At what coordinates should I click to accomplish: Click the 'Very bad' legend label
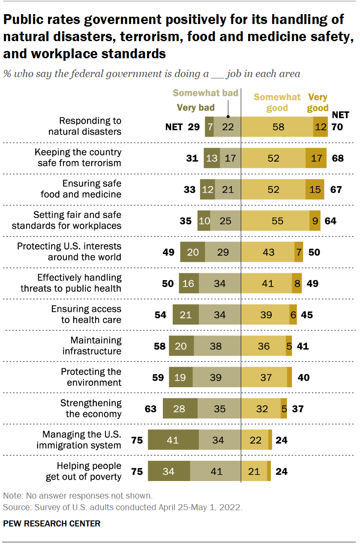pos(195,108)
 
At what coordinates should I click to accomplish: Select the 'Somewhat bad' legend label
pos(199,93)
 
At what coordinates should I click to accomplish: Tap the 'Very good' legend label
pos(318,102)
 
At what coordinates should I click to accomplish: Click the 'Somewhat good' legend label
pos(277,102)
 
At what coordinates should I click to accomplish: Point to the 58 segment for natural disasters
pos(277,127)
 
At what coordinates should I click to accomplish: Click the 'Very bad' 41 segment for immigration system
pos(173,440)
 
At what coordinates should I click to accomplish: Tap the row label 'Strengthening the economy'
pos(90,409)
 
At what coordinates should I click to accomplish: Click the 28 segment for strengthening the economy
pos(180,409)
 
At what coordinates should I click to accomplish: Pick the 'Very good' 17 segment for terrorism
pos(316,158)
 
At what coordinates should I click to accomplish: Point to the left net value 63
pos(150,409)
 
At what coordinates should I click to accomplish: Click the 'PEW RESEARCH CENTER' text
pos(52,523)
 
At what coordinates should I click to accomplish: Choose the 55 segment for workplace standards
pos(275,221)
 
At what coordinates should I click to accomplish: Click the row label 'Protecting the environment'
pos(91,377)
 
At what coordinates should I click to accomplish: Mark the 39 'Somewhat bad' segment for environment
pos(216,377)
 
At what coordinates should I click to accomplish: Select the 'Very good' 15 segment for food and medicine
pos(315,189)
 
